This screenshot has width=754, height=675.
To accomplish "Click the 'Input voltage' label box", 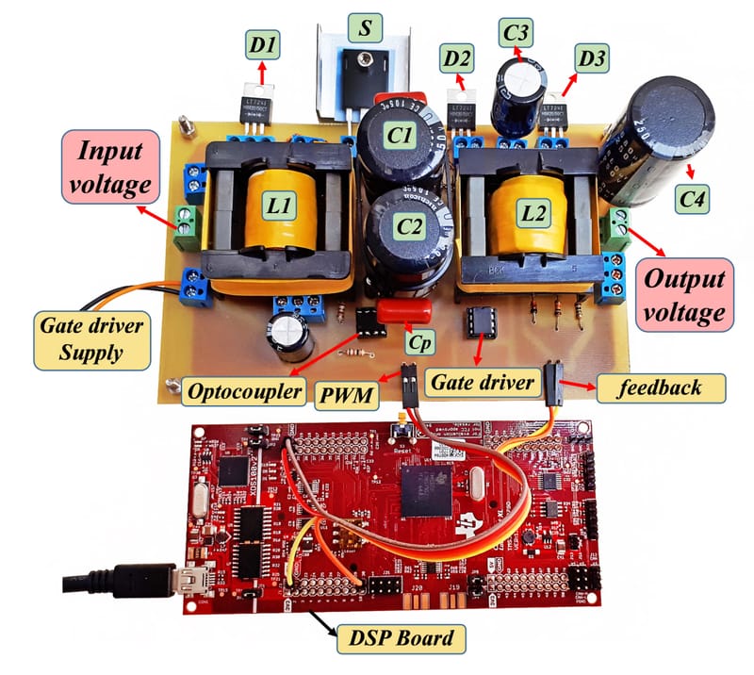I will [x=108, y=166].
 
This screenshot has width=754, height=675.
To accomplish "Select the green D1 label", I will [x=261, y=42].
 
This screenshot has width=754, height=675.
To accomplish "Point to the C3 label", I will [x=516, y=34].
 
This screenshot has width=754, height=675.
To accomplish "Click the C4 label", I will [x=695, y=198].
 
